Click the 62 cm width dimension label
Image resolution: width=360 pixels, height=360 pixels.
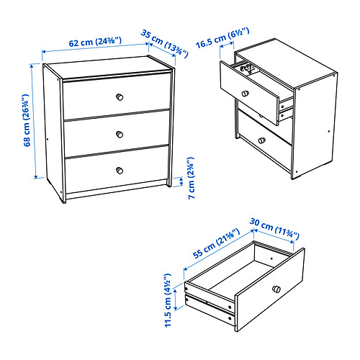click(x=95, y=42)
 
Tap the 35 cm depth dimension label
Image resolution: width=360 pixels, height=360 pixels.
click(x=164, y=43)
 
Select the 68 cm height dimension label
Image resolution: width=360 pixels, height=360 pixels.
click(x=27, y=120)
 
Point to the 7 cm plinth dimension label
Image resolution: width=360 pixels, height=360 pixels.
click(x=192, y=178)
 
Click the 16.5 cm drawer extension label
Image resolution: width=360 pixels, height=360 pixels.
click(x=222, y=38)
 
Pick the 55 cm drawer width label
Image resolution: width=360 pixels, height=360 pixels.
click(x=216, y=243)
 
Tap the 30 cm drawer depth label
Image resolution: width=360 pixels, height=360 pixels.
click(x=274, y=228)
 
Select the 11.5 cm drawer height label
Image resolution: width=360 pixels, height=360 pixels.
click(x=168, y=300)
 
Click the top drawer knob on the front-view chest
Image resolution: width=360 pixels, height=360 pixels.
click(x=120, y=97)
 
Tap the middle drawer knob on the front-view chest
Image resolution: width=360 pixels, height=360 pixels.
click(x=120, y=135)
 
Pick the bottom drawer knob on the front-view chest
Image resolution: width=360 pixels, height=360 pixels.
click(x=120, y=171)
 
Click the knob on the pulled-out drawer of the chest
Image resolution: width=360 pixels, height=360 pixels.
click(x=245, y=93)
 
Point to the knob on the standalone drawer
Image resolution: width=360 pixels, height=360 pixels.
click(x=276, y=289)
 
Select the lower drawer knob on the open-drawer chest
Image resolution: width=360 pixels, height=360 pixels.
click(x=262, y=140)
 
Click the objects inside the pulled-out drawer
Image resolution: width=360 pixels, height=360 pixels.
click(x=247, y=68)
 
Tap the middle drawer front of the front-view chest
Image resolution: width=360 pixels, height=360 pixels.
click(x=117, y=133)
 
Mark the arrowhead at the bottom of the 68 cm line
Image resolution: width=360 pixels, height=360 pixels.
click(x=35, y=177)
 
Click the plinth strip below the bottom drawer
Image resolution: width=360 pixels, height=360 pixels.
click(x=117, y=189)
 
